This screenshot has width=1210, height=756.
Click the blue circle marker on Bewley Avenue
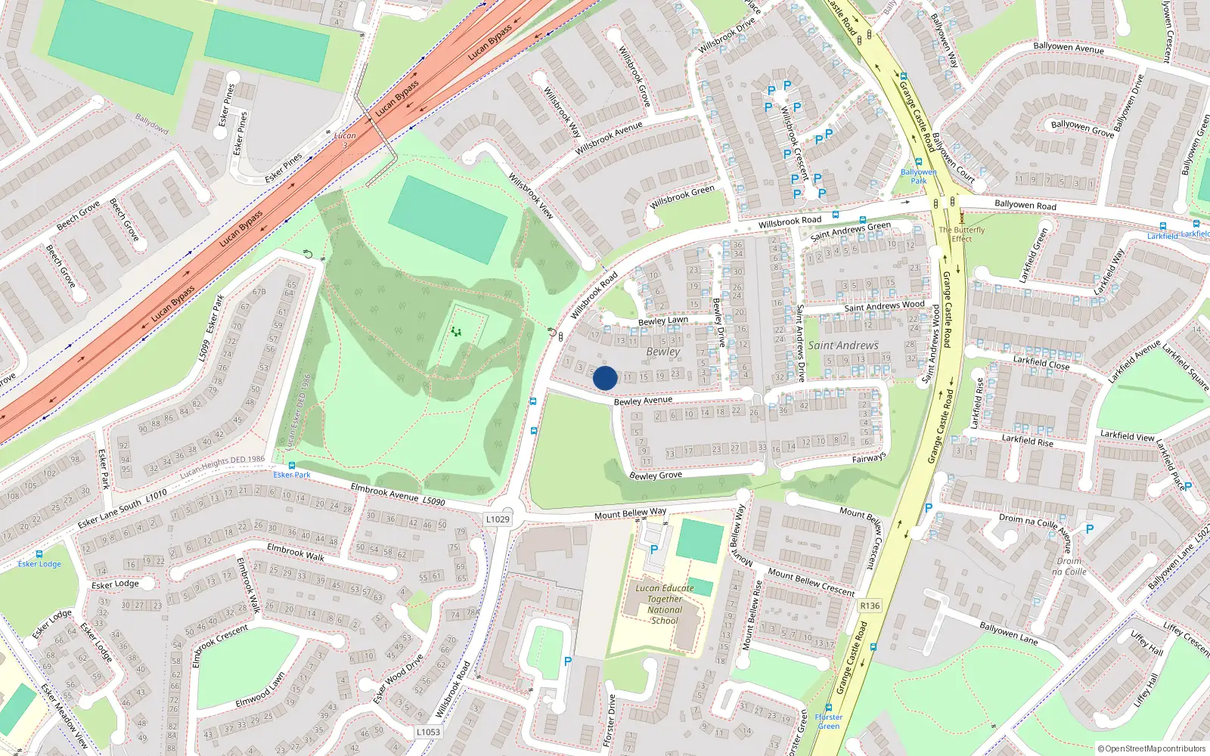click(605, 378)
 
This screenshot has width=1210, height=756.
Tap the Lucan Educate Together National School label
click(665, 604)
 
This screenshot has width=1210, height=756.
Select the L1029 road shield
click(498, 519)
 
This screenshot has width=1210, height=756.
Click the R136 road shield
click(870, 606)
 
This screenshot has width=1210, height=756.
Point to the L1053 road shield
click(428, 732)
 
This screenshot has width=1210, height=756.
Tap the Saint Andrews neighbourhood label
click(843, 345)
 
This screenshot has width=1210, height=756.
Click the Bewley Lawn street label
click(663, 321)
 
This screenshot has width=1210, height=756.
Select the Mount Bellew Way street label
click(630, 513)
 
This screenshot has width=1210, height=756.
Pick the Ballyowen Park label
click(918, 176)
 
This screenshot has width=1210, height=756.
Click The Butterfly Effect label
click(962, 234)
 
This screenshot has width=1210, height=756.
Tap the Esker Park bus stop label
click(292, 475)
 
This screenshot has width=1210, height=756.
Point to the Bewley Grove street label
click(656, 476)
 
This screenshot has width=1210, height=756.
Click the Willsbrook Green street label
click(682, 197)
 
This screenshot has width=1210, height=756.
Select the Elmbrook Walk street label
click(296, 552)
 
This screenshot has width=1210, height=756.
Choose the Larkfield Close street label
click(1041, 363)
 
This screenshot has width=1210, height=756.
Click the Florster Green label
click(829, 721)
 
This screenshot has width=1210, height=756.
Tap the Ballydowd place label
click(151, 123)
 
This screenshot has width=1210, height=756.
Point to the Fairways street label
click(869, 458)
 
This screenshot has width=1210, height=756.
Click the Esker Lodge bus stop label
click(39, 564)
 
